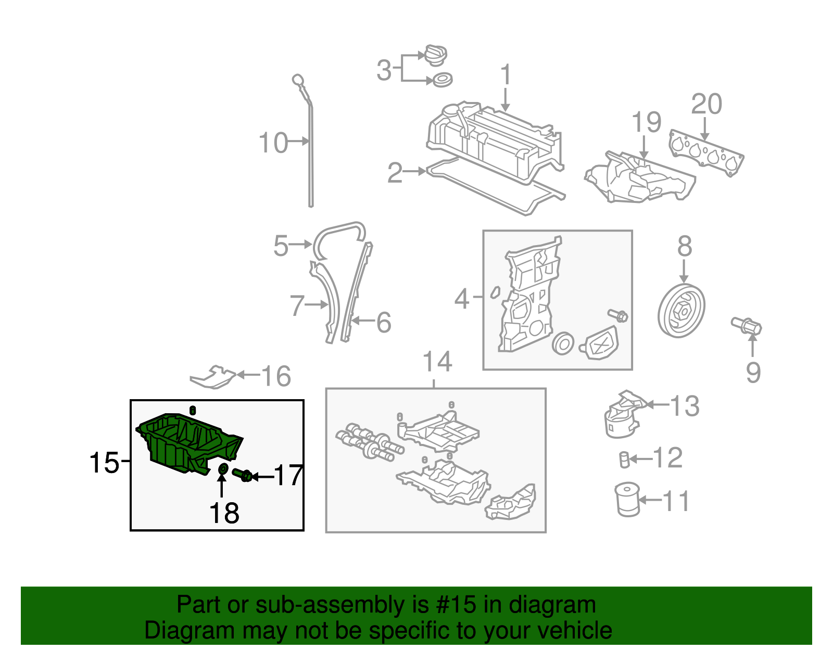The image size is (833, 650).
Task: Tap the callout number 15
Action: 104,462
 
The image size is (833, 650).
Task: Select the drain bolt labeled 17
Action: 242,475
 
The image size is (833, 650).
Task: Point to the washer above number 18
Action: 222,469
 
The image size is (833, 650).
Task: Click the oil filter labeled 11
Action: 627,499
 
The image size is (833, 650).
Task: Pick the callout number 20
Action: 706,104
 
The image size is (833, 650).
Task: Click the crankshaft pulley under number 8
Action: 681,311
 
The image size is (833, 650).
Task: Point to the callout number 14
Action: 437,361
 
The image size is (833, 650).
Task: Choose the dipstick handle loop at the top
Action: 297,80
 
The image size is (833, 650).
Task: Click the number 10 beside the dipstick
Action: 273,143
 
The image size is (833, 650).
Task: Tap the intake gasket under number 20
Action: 706,151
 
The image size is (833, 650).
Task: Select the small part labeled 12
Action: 624,460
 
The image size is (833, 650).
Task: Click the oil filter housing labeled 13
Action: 622,415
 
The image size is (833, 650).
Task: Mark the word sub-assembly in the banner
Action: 332,605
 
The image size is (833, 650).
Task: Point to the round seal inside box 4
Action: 563,343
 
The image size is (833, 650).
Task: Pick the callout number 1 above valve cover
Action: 506,75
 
